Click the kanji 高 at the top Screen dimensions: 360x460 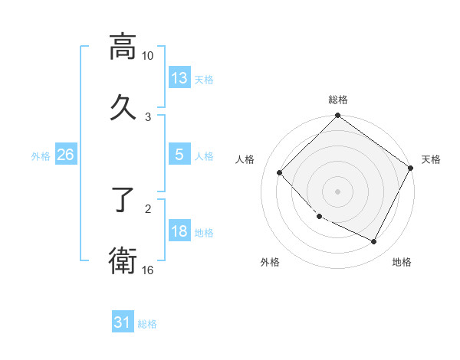[x=123, y=47]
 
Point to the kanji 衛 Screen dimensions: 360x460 [x=123, y=261]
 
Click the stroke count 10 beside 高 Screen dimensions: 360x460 [x=148, y=56]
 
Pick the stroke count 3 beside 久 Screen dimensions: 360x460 [x=148, y=116]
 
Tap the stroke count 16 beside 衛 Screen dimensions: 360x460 [x=148, y=270]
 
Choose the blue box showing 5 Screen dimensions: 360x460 [x=179, y=155]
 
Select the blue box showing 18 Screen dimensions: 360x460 [x=179, y=231]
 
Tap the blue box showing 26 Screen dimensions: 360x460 [x=65, y=155]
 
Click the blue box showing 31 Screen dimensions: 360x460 [x=123, y=322]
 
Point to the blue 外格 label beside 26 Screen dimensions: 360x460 [x=41, y=155]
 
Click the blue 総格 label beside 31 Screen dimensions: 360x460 [x=147, y=324]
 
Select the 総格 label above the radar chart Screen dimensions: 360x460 [x=338, y=100]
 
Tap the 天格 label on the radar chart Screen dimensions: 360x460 [x=431, y=159]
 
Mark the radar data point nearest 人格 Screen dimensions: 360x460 [x=280, y=173]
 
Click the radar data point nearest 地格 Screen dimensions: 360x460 [x=374, y=242]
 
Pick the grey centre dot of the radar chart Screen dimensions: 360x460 [x=338, y=191]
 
